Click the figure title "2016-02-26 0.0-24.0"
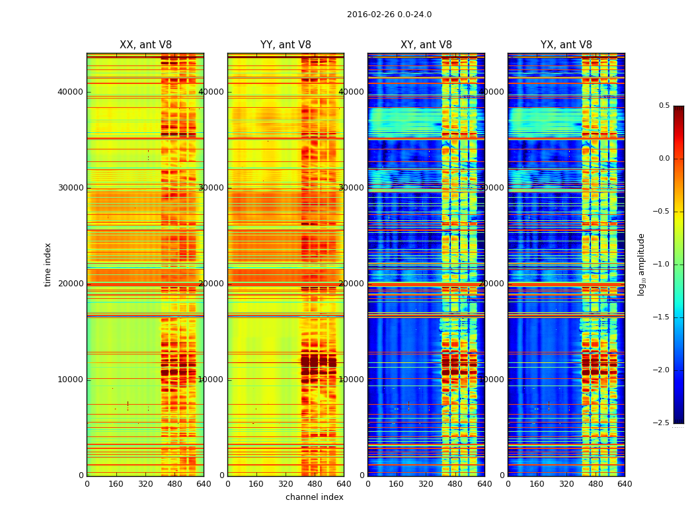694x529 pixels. (x=389, y=15)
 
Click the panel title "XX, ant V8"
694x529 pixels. (x=145, y=45)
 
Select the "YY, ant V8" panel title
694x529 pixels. (x=286, y=45)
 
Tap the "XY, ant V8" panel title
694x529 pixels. (x=426, y=45)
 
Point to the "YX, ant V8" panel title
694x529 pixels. (x=566, y=45)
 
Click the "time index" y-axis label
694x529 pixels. (x=48, y=264)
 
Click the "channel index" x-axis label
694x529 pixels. (x=315, y=497)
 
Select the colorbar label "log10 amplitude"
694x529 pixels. (x=641, y=264)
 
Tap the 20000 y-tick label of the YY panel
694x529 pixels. (x=212, y=284)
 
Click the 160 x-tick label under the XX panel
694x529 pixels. (x=116, y=484)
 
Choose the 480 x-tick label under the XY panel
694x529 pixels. (x=455, y=484)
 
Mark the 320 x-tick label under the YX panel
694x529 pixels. (x=566, y=484)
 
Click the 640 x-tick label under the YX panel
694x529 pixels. (x=625, y=484)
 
